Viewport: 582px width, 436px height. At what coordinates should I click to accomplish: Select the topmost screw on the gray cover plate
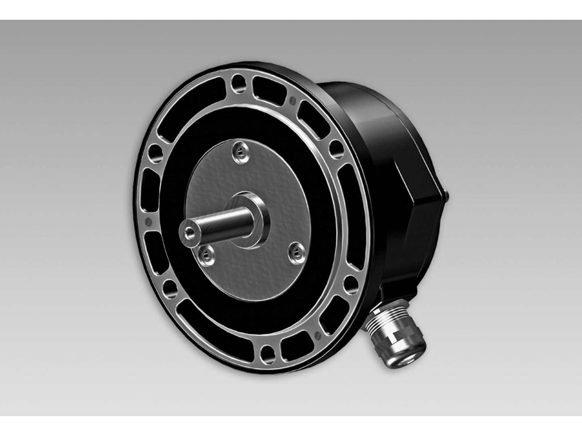pyautogui.click(x=240, y=153)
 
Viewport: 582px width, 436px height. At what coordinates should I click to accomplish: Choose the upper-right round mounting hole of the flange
pyautogui.click(x=335, y=149)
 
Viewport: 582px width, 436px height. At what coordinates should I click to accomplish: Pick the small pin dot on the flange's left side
pyautogui.click(x=148, y=221)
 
